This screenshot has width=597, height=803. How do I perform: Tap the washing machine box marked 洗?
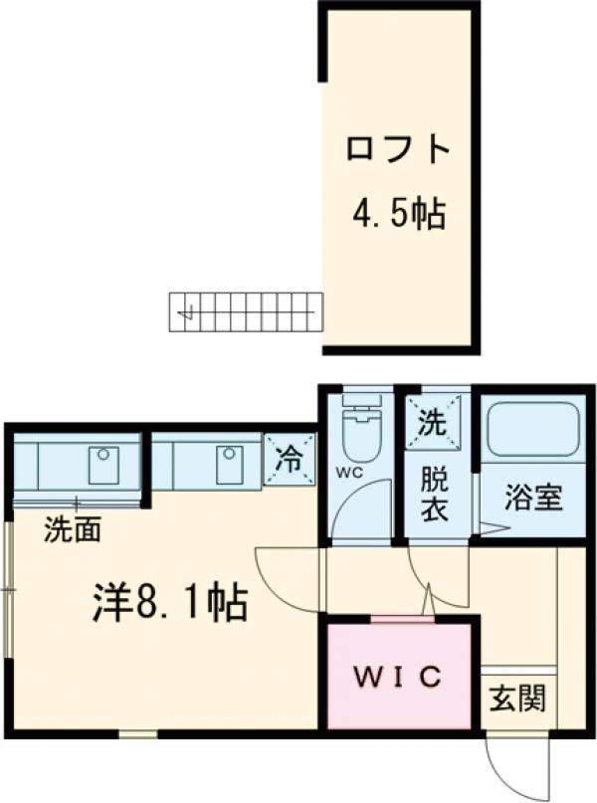point(434,424)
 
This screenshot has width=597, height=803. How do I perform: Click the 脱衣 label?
point(434,495)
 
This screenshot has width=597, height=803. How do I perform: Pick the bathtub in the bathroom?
point(531,429)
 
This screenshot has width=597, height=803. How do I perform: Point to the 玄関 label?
point(516,700)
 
